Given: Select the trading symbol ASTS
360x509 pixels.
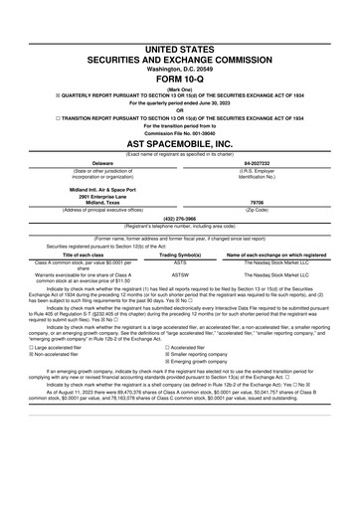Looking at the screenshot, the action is click(181, 263).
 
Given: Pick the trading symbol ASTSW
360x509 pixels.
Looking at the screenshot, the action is click(181, 273).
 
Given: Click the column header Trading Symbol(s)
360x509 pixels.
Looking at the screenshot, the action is click(181, 254).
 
